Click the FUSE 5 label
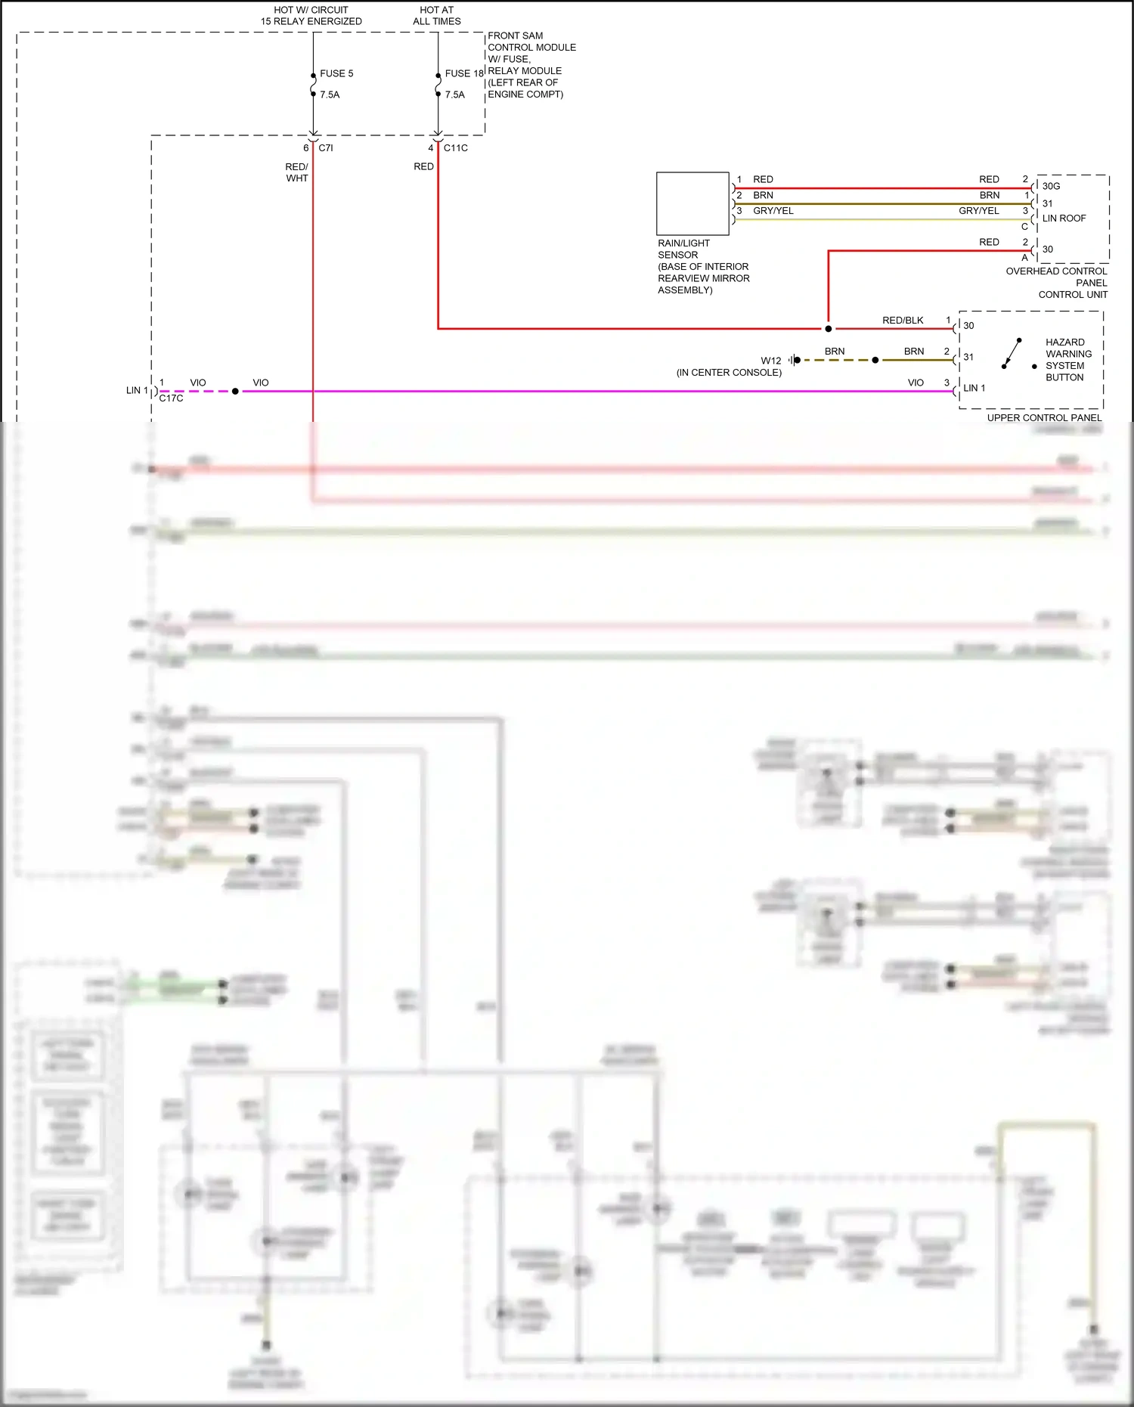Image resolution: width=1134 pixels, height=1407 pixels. pos(336,73)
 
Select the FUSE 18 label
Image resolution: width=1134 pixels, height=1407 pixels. pos(463,73)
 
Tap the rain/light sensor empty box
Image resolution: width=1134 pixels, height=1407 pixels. pos(692,203)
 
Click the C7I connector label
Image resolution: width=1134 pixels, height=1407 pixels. pos(326,148)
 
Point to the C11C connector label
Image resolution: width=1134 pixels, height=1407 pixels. pos(455,148)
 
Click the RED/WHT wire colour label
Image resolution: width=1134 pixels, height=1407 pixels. pos(296,172)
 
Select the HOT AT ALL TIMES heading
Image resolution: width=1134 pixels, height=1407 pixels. pos(437,16)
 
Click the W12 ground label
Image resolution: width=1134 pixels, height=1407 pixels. pos(770,361)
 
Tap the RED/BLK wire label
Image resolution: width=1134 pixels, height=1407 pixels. pos(903,321)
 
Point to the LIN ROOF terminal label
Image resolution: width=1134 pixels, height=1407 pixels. pos(1064,218)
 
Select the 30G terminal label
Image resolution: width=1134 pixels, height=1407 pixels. pos(1051,186)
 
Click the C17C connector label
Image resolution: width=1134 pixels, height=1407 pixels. pos(172,398)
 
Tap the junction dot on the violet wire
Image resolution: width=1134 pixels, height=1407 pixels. pos(235,392)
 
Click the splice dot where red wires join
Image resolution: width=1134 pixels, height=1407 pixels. pos(829,329)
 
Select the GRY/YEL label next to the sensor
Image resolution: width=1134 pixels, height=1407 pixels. pos(773,211)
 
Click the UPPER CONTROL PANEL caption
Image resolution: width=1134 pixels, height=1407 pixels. pos(1044,418)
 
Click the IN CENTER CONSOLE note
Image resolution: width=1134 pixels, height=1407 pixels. pos(729,373)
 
